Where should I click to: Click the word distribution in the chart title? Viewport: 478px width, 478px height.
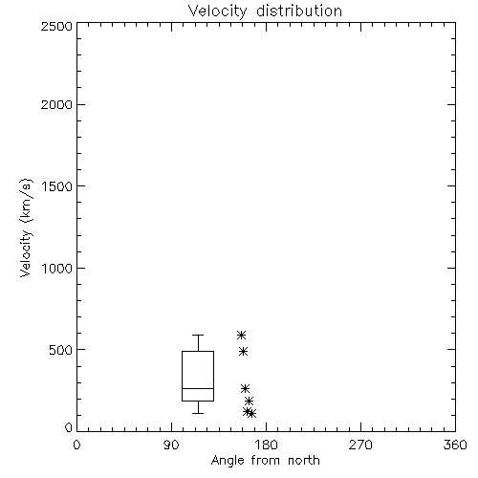pyautogui.click(x=299, y=11)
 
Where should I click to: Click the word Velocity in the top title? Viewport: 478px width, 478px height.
pyautogui.click(x=218, y=11)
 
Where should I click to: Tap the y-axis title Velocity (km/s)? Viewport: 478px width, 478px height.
pyautogui.click(x=26, y=228)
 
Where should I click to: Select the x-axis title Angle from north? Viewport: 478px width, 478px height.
pyautogui.click(x=265, y=461)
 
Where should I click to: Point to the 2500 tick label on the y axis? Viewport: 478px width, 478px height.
pyautogui.click(x=56, y=26)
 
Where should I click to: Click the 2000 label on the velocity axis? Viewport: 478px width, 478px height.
pyautogui.click(x=56, y=104)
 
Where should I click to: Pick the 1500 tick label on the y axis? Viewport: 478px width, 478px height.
pyautogui.click(x=57, y=186)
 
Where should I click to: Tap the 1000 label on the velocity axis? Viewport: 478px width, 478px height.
pyautogui.click(x=57, y=268)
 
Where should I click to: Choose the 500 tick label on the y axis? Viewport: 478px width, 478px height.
pyautogui.click(x=61, y=350)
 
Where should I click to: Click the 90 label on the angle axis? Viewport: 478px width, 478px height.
pyautogui.click(x=171, y=445)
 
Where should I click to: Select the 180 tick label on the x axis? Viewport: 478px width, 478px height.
pyautogui.click(x=266, y=445)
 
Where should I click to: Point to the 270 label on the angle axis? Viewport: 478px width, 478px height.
pyautogui.click(x=360, y=445)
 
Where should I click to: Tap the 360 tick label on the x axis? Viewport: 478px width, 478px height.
pyautogui.click(x=455, y=445)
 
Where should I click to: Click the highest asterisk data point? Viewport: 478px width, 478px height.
pyautogui.click(x=241, y=335)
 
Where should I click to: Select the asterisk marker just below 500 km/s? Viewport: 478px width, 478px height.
pyautogui.click(x=243, y=352)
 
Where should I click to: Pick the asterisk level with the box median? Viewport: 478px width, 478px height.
pyautogui.click(x=245, y=388)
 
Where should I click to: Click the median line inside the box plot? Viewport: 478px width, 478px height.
pyautogui.click(x=198, y=388)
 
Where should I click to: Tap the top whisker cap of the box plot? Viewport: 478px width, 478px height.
pyautogui.click(x=198, y=335)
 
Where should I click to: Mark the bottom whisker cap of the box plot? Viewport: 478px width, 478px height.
pyautogui.click(x=198, y=413)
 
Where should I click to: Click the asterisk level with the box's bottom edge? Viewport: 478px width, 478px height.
pyautogui.click(x=249, y=401)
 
